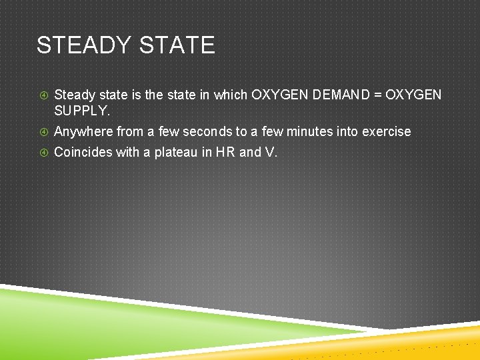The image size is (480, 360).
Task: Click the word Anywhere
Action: [83, 132]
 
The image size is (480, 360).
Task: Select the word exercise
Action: [386, 132]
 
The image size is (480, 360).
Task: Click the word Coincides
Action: [83, 153]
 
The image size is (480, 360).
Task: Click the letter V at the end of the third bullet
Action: [269, 153]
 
